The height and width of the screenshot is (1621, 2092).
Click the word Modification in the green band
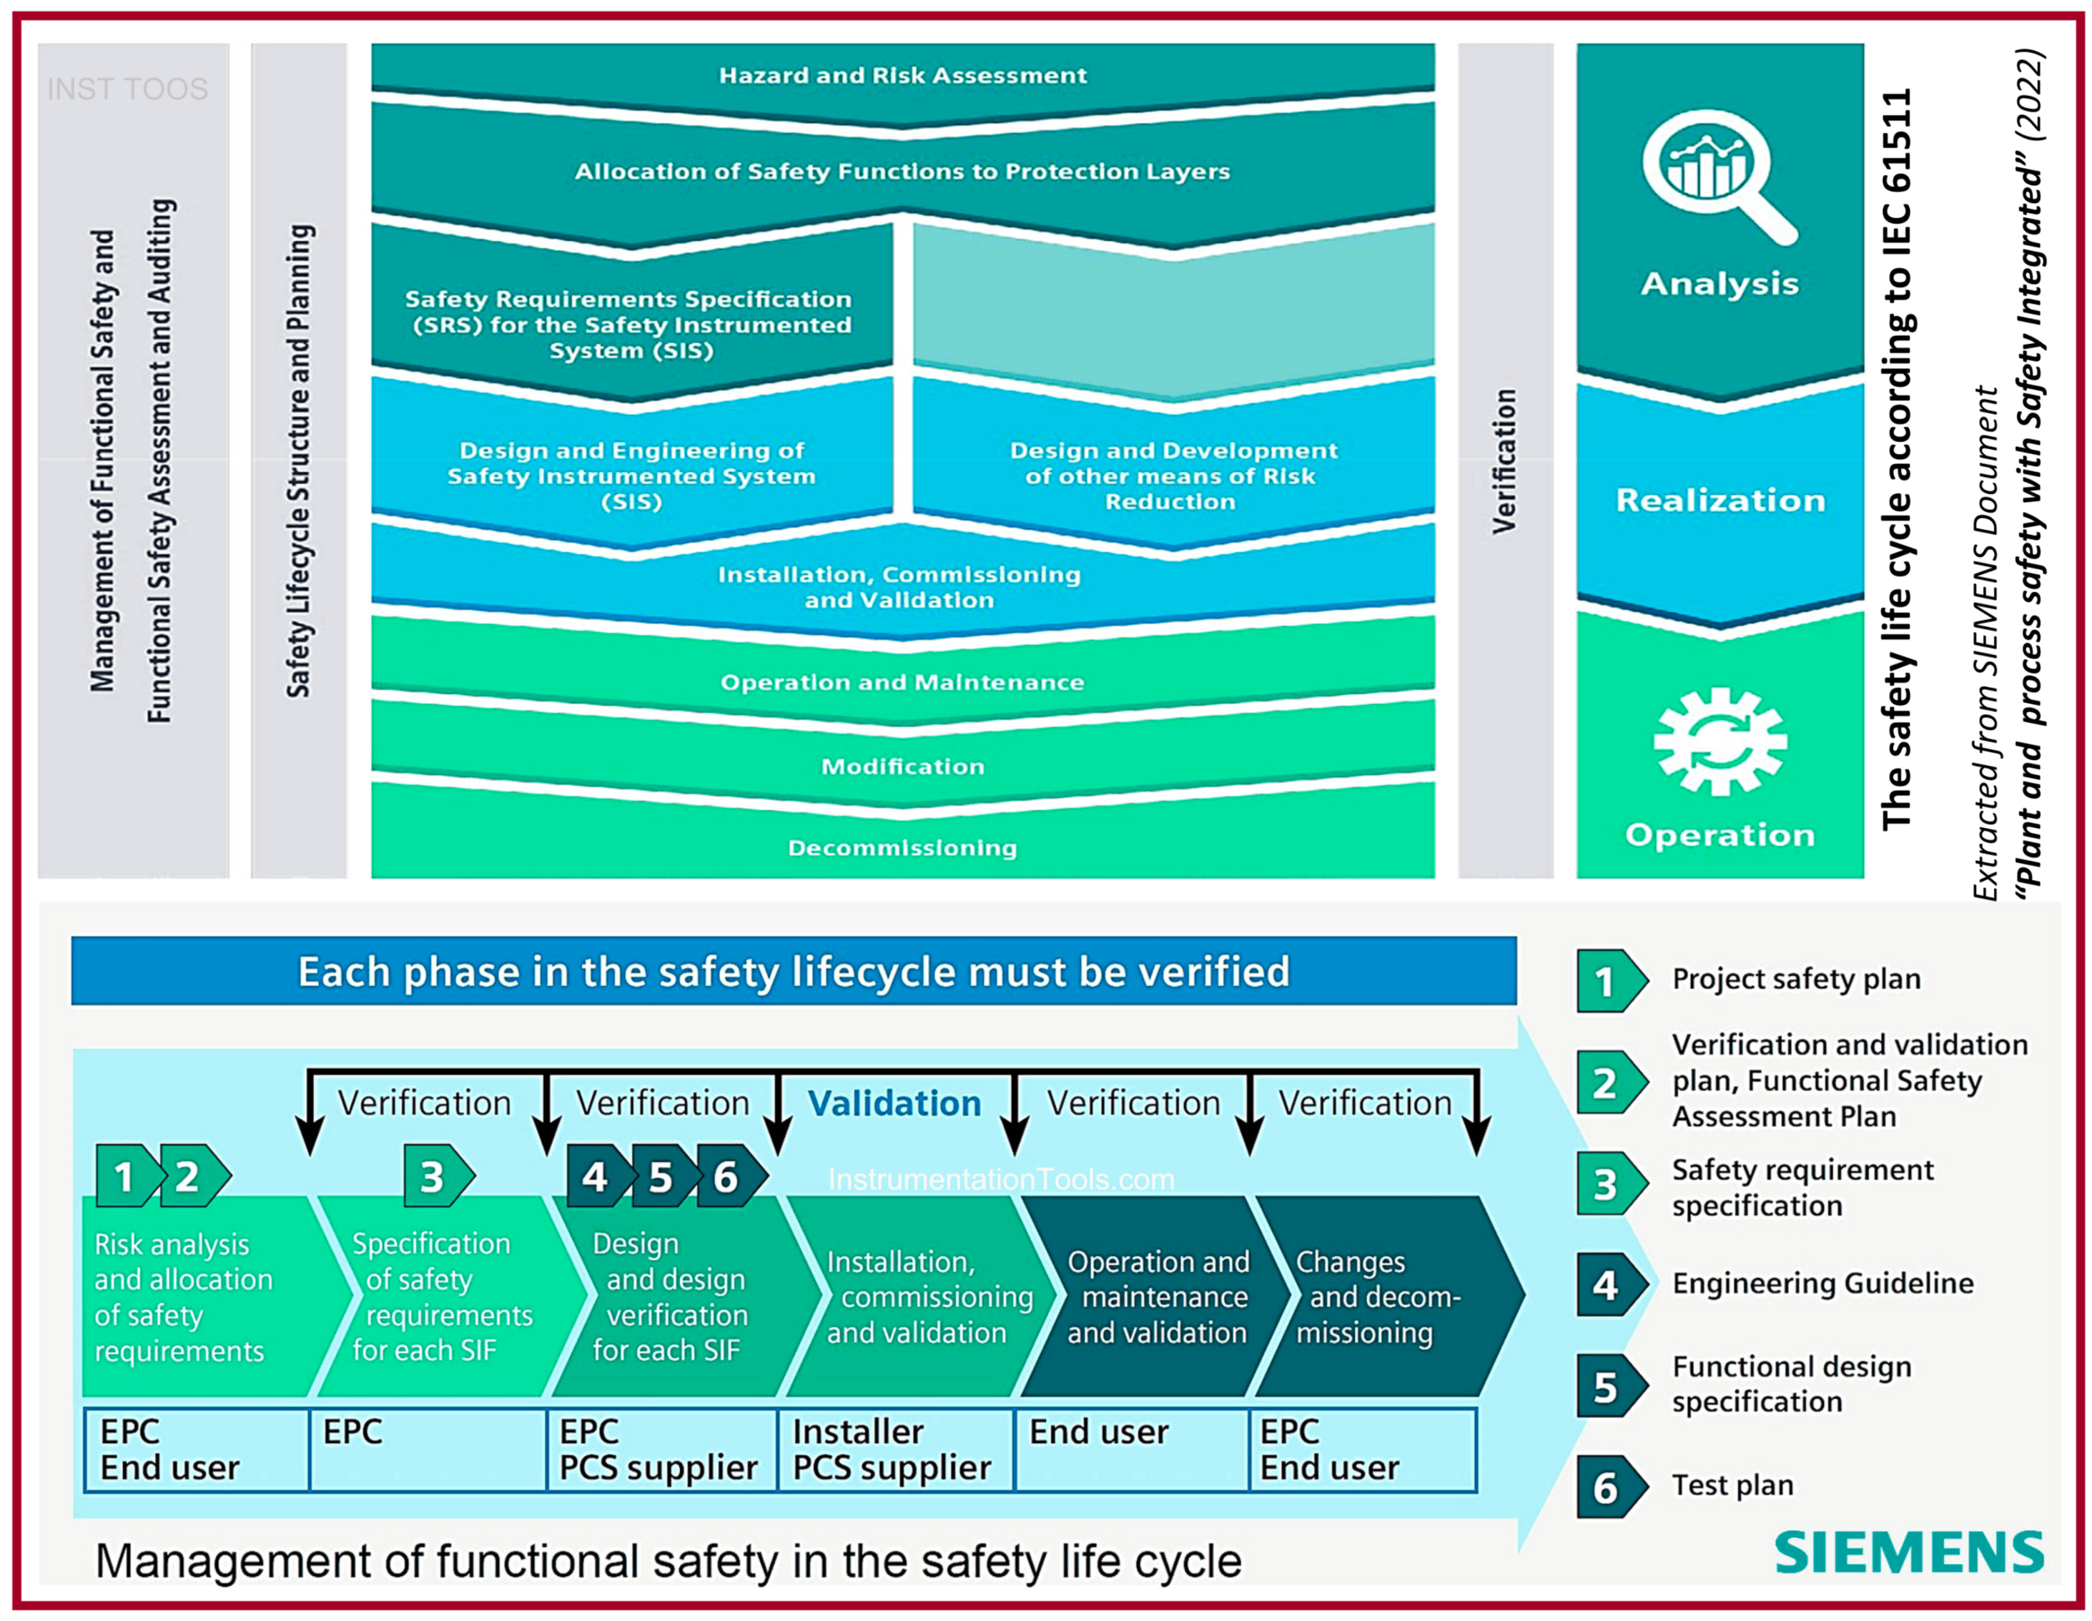click(x=902, y=766)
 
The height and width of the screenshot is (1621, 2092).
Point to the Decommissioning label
click(x=902, y=848)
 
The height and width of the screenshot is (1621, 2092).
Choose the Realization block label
click(x=1720, y=500)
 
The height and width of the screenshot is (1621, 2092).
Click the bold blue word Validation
click(x=894, y=1103)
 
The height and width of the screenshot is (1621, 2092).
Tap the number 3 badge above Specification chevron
click(x=434, y=1176)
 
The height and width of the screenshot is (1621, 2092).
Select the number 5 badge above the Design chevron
click(x=661, y=1177)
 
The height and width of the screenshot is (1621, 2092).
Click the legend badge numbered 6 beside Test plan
click(x=1607, y=1488)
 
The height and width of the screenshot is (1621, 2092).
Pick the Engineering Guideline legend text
click(x=1822, y=1283)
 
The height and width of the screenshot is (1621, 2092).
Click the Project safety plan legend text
click(x=1796, y=978)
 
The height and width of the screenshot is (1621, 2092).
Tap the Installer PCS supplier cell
click(x=892, y=1449)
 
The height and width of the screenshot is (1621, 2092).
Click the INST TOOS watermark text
click(x=127, y=89)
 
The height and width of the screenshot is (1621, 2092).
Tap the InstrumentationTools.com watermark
click(x=1001, y=1178)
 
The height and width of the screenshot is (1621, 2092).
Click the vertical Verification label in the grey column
click(x=1504, y=461)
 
